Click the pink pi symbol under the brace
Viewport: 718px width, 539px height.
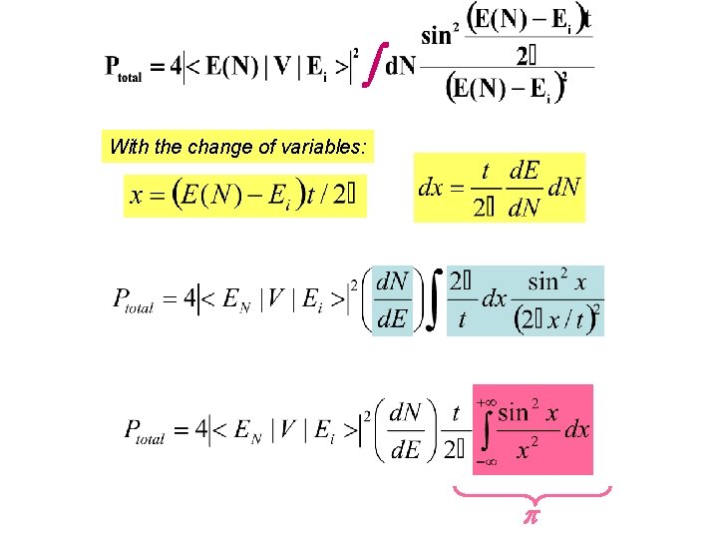tap(532, 519)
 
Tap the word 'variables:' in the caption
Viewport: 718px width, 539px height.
tap(326, 148)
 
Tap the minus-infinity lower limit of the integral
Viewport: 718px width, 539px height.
tap(486, 462)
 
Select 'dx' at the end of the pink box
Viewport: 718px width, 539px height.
tap(577, 430)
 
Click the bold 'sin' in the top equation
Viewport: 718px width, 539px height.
tap(436, 36)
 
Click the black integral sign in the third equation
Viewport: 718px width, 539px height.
tap(433, 298)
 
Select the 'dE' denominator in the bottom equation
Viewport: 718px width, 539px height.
tap(405, 450)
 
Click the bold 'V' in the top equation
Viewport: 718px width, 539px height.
tap(281, 67)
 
